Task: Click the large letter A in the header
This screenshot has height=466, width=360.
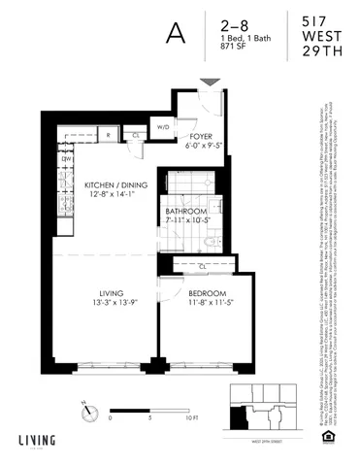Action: coord(176,31)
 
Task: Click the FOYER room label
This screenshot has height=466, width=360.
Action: coord(202,138)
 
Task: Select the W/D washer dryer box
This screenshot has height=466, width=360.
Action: coord(164,126)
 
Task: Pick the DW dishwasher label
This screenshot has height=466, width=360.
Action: coord(67,158)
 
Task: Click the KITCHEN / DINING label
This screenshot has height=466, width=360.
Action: coord(108,183)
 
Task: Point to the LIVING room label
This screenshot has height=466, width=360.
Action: coord(111,292)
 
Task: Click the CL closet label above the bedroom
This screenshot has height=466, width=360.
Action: coord(203,264)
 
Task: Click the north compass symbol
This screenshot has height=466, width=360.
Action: coord(90,411)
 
